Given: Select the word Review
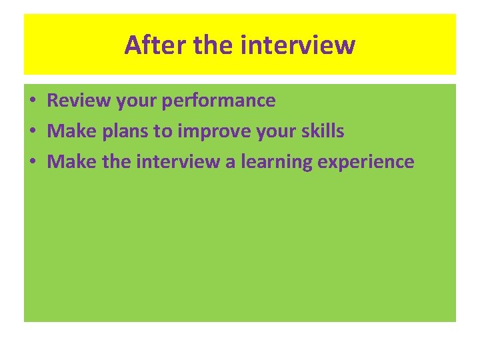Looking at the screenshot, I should coord(73,101).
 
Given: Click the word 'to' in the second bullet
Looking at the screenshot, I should coord(163,131).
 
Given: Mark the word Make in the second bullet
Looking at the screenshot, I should coord(73,131).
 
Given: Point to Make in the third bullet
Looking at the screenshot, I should coord(73,161).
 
